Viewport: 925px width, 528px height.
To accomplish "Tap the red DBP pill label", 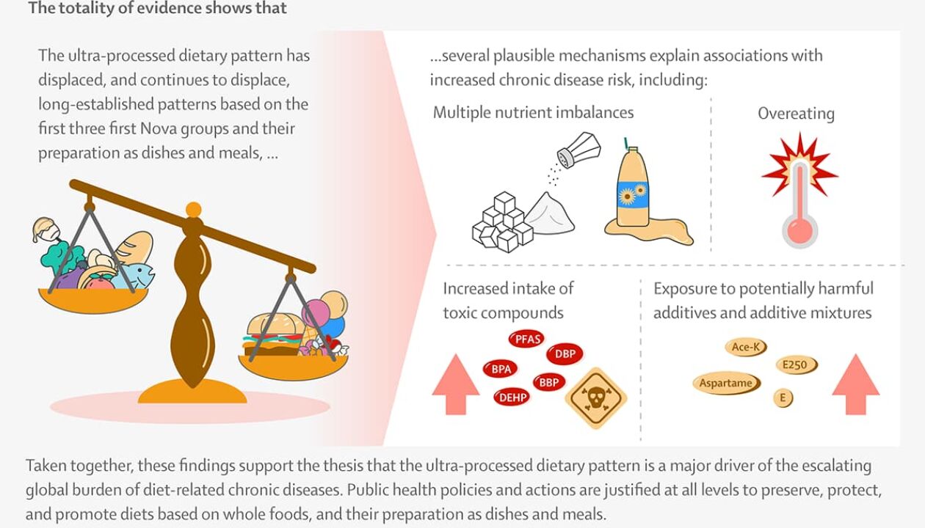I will click(565, 354).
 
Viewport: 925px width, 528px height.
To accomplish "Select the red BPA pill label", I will click(501, 369).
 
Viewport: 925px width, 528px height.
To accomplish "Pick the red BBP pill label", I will click(548, 382).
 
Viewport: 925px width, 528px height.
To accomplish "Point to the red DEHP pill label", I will click(511, 397).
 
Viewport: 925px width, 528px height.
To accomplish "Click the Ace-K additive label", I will click(745, 348).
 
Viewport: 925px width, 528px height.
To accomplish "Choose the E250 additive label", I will click(796, 364).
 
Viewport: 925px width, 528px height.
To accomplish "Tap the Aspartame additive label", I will click(726, 383).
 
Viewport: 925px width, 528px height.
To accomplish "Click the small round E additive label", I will click(783, 398).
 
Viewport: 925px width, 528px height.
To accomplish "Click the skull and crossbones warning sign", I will click(595, 398).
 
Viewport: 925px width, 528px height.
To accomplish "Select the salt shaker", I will click(578, 150).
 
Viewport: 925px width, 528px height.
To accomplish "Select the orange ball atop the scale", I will click(194, 210).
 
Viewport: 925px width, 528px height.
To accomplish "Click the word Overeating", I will click(796, 114).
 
